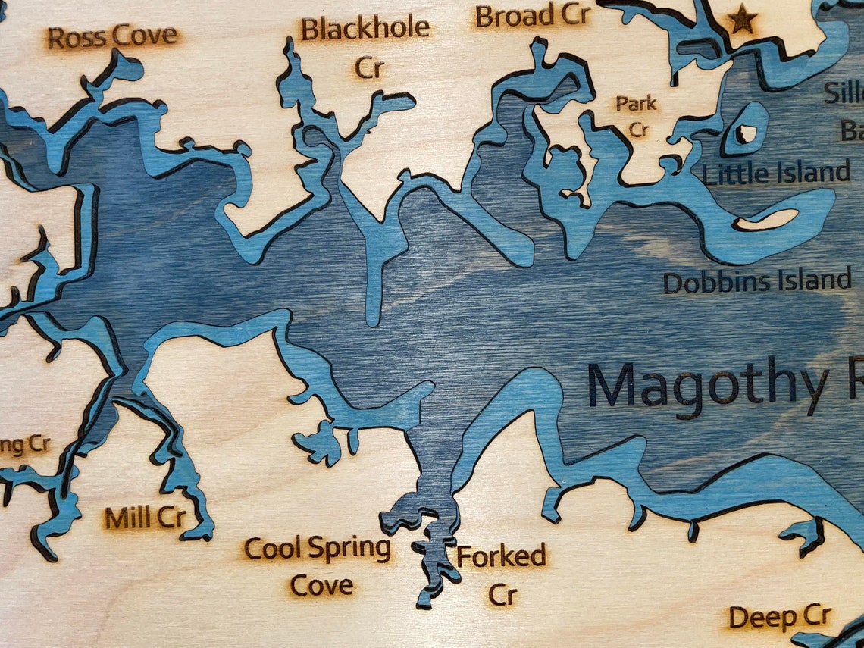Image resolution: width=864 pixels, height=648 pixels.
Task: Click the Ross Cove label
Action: (x=112, y=36)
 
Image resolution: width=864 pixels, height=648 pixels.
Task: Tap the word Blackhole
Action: (x=365, y=30)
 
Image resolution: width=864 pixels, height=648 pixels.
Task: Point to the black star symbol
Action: (x=741, y=20)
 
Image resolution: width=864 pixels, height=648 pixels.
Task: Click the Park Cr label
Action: (x=637, y=116)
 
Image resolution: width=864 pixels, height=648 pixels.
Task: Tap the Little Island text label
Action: (x=776, y=174)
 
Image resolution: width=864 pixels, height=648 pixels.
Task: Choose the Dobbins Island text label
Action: (x=757, y=282)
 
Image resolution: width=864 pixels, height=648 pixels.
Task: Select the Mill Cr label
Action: (x=145, y=518)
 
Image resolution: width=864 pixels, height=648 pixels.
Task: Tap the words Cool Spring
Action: (x=317, y=548)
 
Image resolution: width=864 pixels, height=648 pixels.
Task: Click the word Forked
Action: (x=501, y=557)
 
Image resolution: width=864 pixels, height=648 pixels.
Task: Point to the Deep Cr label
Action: (x=780, y=618)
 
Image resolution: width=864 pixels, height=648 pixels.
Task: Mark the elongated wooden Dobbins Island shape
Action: (x=767, y=220)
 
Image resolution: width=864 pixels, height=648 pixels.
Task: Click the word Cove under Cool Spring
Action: (x=322, y=585)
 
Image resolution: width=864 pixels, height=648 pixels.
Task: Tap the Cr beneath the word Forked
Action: (x=502, y=595)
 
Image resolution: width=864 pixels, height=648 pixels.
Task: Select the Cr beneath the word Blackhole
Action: (x=369, y=68)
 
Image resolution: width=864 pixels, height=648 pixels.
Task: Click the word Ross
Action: (x=76, y=37)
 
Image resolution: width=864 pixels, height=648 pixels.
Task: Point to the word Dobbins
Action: (x=711, y=283)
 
